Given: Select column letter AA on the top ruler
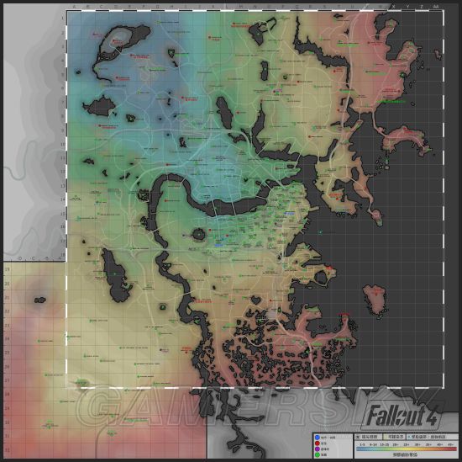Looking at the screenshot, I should [435, 7].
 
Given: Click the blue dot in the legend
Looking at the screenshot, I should [317, 437].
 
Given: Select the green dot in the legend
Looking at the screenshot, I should [317, 454].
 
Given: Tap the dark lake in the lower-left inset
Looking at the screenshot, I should [39, 298].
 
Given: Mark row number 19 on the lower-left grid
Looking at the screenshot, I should [8, 270].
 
